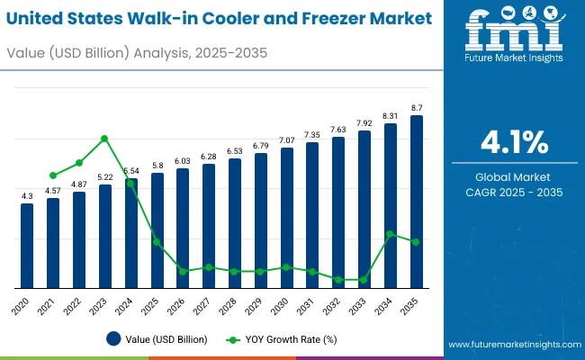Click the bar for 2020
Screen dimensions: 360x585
tap(27, 246)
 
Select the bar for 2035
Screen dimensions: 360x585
tap(417, 202)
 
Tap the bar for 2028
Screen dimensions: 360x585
tap(235, 223)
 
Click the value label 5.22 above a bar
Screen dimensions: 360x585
tap(105, 177)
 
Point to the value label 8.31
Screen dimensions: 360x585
tap(391, 116)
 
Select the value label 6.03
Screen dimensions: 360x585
tap(183, 161)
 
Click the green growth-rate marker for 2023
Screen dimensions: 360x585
tap(105, 139)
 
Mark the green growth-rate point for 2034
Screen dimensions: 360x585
tap(391, 234)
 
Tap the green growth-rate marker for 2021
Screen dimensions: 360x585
tap(53, 175)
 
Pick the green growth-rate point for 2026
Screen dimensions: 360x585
tap(183, 271)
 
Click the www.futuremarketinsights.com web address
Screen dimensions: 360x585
tap(510, 345)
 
